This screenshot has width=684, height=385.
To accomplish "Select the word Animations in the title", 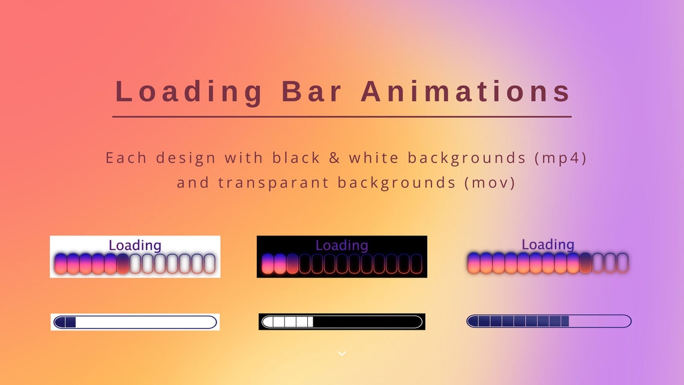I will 466,92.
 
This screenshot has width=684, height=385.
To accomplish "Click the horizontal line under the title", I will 341,117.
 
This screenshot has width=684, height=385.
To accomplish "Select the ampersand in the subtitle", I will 335,158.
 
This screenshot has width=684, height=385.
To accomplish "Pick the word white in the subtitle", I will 374,158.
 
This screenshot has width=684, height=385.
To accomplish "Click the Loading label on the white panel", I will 135,245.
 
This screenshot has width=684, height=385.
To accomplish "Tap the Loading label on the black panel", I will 341,245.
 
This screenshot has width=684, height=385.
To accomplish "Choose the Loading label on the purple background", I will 548,244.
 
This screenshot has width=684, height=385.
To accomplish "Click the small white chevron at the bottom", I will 342,354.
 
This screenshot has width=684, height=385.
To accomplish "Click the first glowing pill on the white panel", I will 60,264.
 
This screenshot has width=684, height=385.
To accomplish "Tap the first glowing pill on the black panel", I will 267,264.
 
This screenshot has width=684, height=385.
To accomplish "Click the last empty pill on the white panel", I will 209,264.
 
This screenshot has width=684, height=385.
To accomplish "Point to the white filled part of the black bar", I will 288,322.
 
